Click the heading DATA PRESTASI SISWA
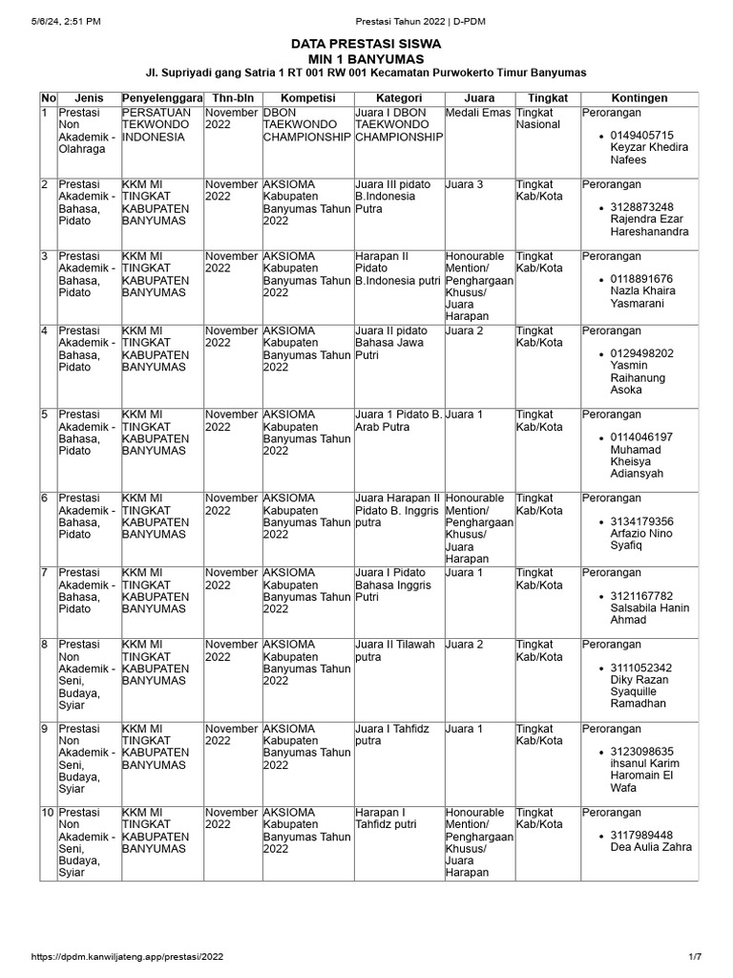tap(366, 43)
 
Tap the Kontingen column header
tap(639, 98)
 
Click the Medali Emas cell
tap(477, 113)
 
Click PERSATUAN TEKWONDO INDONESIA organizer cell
tap(157, 124)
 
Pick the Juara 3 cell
tap(465, 184)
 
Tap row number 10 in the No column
tap(47, 812)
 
